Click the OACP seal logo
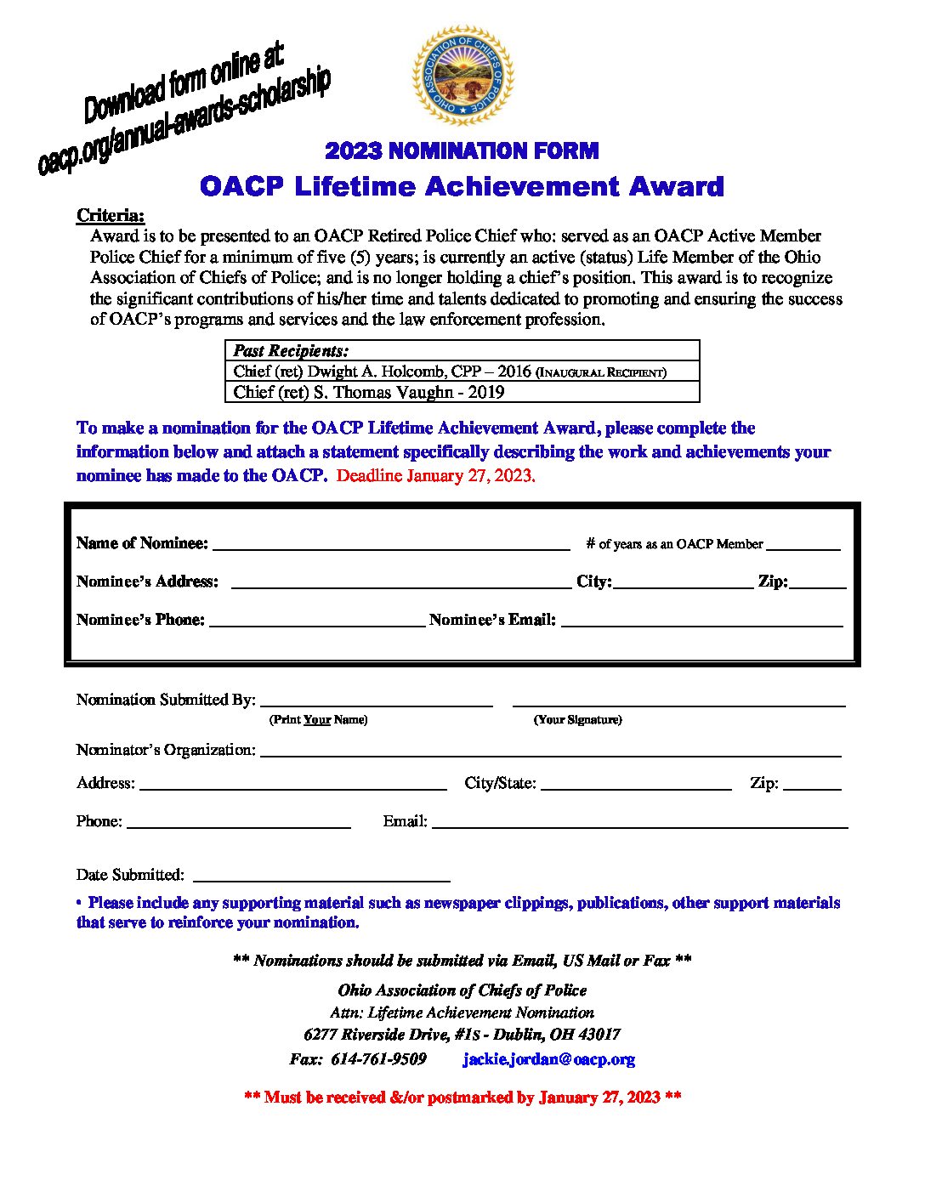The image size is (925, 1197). click(462, 76)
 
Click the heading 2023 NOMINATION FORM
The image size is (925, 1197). click(462, 151)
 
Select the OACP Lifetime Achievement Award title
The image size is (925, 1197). click(462, 186)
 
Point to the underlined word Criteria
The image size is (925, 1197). click(111, 215)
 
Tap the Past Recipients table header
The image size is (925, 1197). click(291, 350)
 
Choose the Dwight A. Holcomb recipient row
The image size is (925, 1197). click(449, 372)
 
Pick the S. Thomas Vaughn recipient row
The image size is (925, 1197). click(369, 392)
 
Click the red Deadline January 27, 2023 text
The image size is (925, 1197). click(435, 476)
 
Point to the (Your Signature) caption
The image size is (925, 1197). click(577, 720)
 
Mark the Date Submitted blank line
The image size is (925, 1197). click(321, 877)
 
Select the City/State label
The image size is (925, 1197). click(500, 783)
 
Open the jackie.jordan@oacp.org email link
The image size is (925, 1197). click(548, 1059)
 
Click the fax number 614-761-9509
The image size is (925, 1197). click(378, 1059)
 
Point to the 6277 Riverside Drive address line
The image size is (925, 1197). click(462, 1035)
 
